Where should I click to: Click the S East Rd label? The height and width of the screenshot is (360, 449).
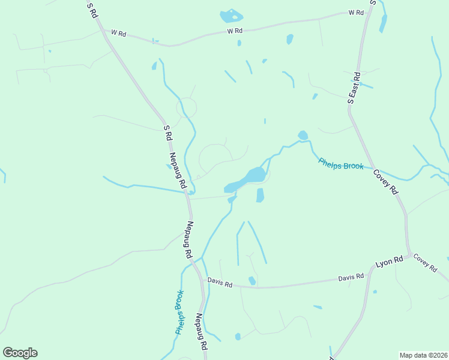pos(354,88)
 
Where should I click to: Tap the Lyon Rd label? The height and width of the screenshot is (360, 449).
pos(388,262)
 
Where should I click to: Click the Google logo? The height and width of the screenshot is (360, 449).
pos(20,353)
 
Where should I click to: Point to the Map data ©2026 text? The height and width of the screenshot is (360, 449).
pos(423,355)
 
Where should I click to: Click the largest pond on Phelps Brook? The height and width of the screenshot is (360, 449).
pos(254,175)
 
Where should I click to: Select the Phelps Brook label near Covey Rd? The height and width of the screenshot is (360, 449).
pos(341,163)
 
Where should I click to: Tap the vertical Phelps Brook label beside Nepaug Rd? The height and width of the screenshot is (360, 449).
pos(179,312)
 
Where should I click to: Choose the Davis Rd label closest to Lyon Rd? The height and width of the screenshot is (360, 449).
pos(351,277)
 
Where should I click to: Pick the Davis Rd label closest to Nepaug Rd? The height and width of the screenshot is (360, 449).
pos(220,281)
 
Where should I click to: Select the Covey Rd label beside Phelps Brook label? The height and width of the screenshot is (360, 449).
pos(386,181)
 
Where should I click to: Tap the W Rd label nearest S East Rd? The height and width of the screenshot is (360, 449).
pos(357,13)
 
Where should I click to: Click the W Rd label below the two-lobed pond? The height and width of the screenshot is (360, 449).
pos(234,31)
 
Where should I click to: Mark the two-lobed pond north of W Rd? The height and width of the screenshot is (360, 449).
pos(231,16)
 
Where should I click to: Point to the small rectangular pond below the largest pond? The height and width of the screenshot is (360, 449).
pos(260,195)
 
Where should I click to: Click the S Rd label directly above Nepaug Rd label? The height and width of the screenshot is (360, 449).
pos(168,133)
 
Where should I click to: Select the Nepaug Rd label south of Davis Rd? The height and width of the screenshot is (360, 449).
pos(202,332)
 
